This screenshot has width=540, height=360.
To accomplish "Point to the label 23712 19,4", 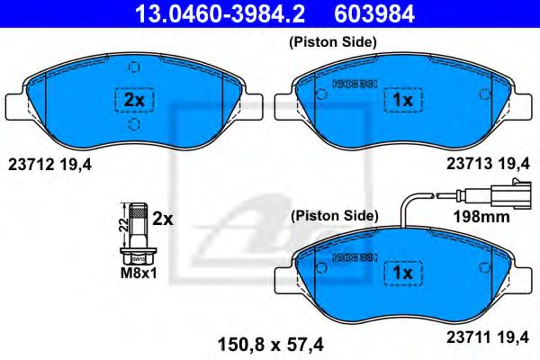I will tap(49, 163).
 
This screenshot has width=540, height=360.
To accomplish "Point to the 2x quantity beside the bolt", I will tap(162, 219).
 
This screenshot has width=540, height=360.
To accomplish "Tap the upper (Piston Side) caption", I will tap(332, 42).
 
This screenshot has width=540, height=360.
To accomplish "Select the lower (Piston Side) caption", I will tap(332, 216).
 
